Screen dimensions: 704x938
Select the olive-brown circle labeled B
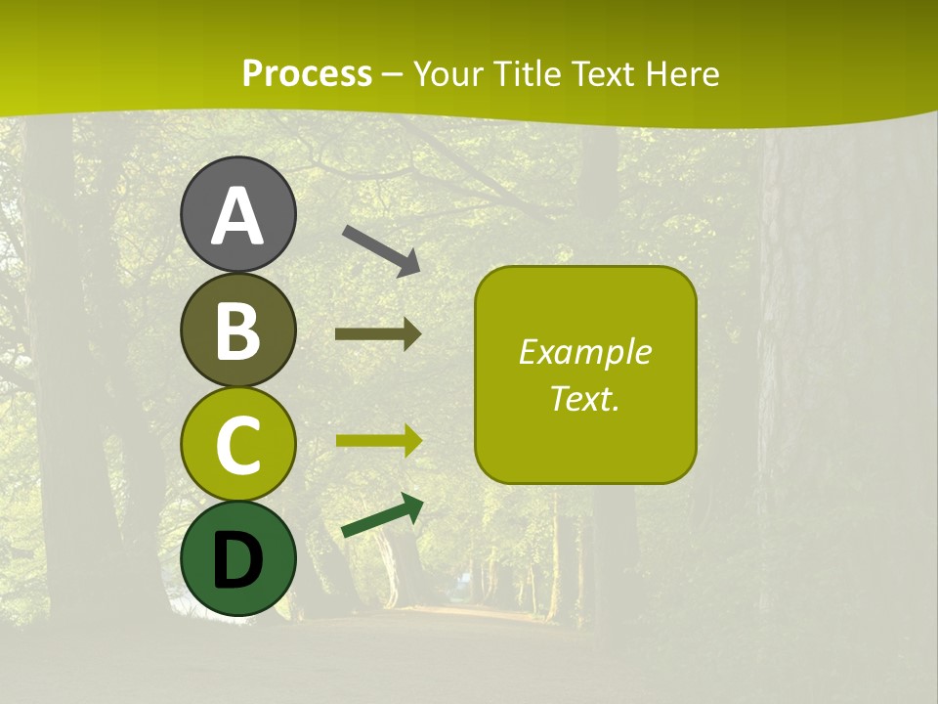[238, 330]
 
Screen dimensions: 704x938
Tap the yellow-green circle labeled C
[238, 444]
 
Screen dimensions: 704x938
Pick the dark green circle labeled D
[238, 558]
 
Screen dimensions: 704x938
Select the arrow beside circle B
[378, 333]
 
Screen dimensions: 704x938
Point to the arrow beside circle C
[378, 440]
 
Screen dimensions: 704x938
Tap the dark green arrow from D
[382, 515]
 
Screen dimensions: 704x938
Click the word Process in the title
[307, 73]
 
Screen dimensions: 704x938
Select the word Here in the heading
[683, 73]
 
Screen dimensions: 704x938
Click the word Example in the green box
[584, 352]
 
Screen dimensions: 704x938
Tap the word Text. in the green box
[584, 398]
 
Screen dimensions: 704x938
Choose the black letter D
[238, 560]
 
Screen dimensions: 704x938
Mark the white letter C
[238, 446]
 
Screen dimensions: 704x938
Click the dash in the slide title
[393, 74]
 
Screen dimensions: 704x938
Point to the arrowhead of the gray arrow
[408, 263]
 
